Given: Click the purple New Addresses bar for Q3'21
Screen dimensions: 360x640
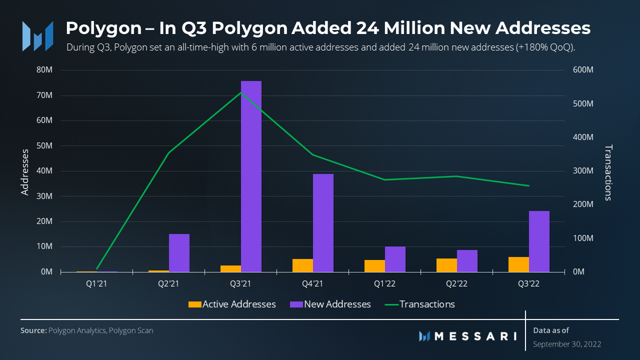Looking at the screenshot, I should click(x=251, y=176).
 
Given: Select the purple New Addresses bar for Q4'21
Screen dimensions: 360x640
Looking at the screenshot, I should click(x=323, y=223).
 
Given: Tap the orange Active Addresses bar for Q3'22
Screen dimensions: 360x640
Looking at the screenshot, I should click(x=518, y=264).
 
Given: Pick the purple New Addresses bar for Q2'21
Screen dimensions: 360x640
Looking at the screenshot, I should click(x=179, y=253).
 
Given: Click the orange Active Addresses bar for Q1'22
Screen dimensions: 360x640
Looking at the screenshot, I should click(x=374, y=266).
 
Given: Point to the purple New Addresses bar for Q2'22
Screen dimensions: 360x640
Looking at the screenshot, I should click(x=467, y=261).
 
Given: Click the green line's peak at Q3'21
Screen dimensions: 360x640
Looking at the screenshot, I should click(x=241, y=92).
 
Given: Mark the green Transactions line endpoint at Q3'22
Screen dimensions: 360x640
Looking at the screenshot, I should click(x=528, y=186).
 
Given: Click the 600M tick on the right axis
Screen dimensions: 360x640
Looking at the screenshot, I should click(x=583, y=70).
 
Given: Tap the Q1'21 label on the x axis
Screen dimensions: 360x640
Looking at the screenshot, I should click(x=96, y=284).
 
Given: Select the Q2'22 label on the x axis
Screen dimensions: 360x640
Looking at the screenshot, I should click(x=456, y=284).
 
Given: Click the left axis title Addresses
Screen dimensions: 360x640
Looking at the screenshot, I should click(x=25, y=171).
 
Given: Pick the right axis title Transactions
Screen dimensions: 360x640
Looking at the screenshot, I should click(x=608, y=172).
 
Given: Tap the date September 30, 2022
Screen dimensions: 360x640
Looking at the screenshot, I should click(x=567, y=344).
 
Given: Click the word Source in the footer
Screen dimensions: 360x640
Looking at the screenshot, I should click(x=33, y=330).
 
